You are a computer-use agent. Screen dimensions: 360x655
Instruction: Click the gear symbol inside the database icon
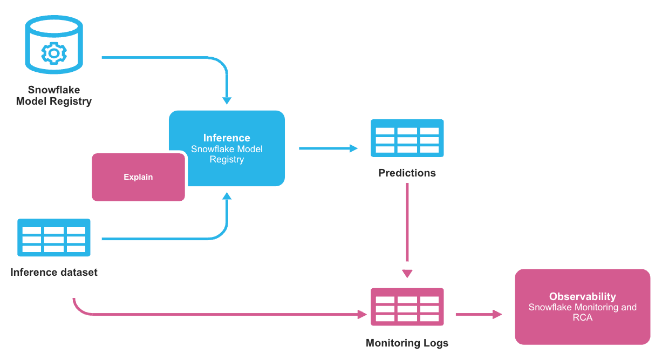pyautogui.click(x=53, y=53)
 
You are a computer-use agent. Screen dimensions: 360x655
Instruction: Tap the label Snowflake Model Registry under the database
pyautogui.click(x=54, y=96)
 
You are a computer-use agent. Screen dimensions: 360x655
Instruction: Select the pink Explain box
pyautogui.click(x=138, y=177)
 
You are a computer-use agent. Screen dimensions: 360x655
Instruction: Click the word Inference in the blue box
pyautogui.click(x=227, y=138)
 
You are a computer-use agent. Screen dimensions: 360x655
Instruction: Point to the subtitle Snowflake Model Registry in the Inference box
pyautogui.click(x=227, y=154)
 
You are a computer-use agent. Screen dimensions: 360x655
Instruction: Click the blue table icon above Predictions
pyautogui.click(x=407, y=138)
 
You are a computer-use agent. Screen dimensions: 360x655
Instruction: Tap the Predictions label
pyautogui.click(x=407, y=173)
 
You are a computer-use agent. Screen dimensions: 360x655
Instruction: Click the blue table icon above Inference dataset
pyautogui.click(x=54, y=237)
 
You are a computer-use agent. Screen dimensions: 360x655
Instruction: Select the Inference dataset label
pyautogui.click(x=54, y=273)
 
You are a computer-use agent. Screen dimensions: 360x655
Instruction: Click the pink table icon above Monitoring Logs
pyautogui.click(x=407, y=307)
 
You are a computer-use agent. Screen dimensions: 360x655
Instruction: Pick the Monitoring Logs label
pyautogui.click(x=407, y=343)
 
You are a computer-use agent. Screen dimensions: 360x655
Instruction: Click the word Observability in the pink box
pyautogui.click(x=582, y=296)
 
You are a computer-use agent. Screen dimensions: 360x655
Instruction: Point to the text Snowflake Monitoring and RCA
pyautogui.click(x=582, y=312)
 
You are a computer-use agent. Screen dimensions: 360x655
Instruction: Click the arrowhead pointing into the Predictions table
pyautogui.click(x=354, y=148)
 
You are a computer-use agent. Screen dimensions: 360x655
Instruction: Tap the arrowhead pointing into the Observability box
pyautogui.click(x=497, y=314)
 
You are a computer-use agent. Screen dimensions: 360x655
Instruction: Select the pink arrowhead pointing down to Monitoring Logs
pyautogui.click(x=407, y=273)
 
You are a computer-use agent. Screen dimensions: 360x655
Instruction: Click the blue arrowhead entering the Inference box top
pyautogui.click(x=227, y=100)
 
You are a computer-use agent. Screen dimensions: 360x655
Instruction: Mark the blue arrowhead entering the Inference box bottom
pyautogui.click(x=227, y=196)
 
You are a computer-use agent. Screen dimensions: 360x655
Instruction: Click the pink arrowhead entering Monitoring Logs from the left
pyautogui.click(x=362, y=314)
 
